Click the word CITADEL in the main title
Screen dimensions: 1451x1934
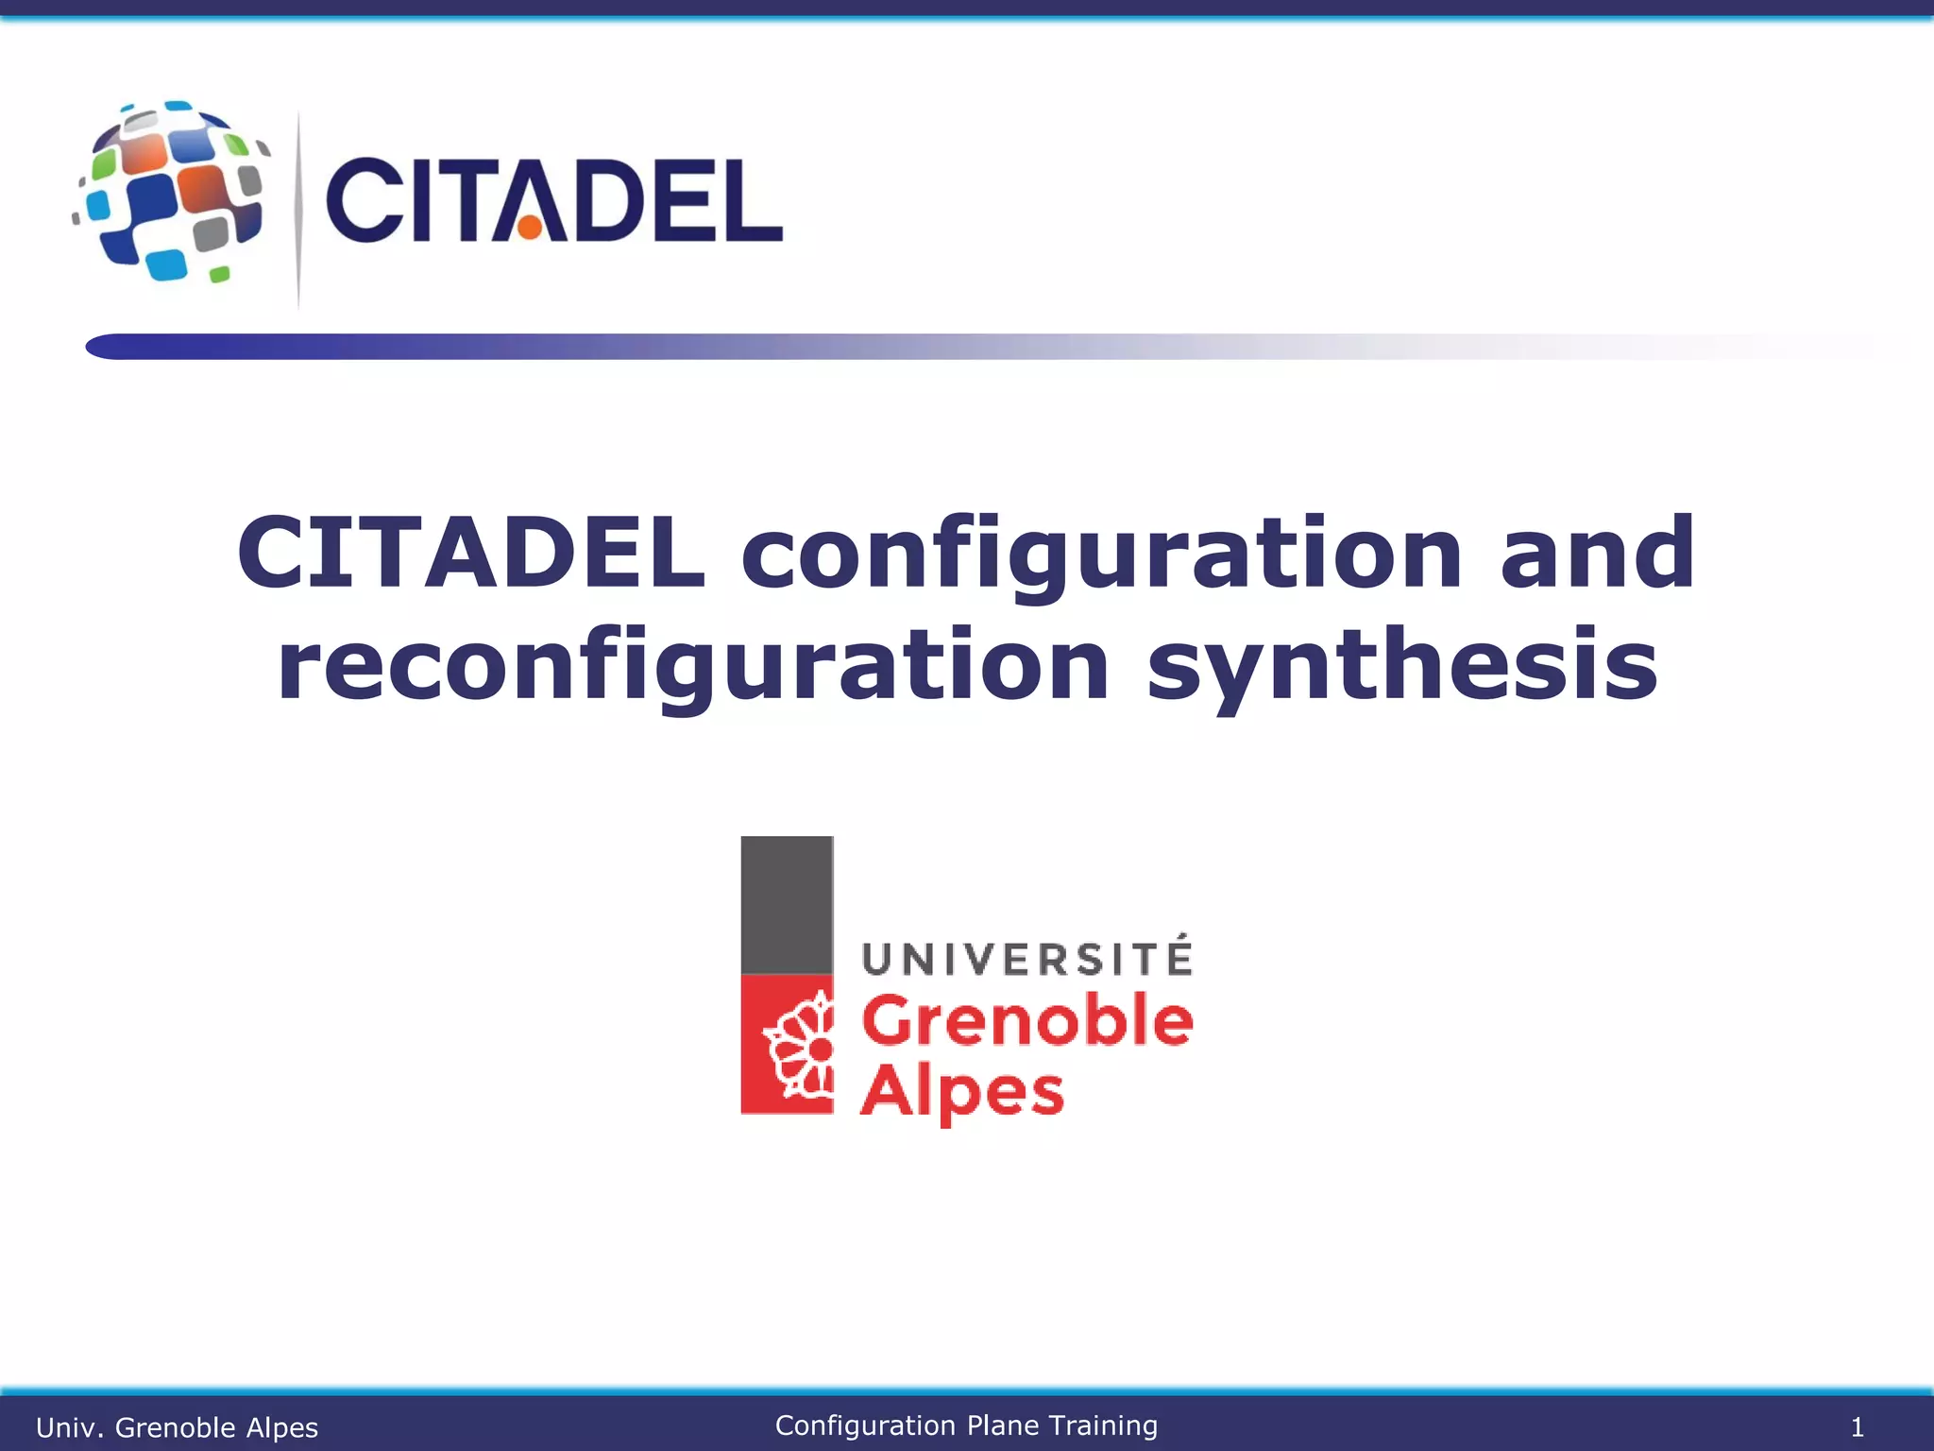(470, 553)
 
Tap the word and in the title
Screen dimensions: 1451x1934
(1597, 553)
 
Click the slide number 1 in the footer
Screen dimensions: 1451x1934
(1857, 1426)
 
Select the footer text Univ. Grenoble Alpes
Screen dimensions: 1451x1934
(177, 1427)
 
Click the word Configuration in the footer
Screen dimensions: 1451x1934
(865, 1425)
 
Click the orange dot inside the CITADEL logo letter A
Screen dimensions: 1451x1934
(531, 227)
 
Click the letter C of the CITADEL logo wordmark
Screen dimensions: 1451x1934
(364, 199)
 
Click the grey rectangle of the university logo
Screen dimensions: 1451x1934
(787, 904)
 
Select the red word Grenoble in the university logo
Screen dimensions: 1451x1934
(1026, 1021)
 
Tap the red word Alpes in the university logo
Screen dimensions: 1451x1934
(961, 1092)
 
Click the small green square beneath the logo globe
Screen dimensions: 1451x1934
(219, 275)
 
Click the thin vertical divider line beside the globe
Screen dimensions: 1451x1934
(298, 208)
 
